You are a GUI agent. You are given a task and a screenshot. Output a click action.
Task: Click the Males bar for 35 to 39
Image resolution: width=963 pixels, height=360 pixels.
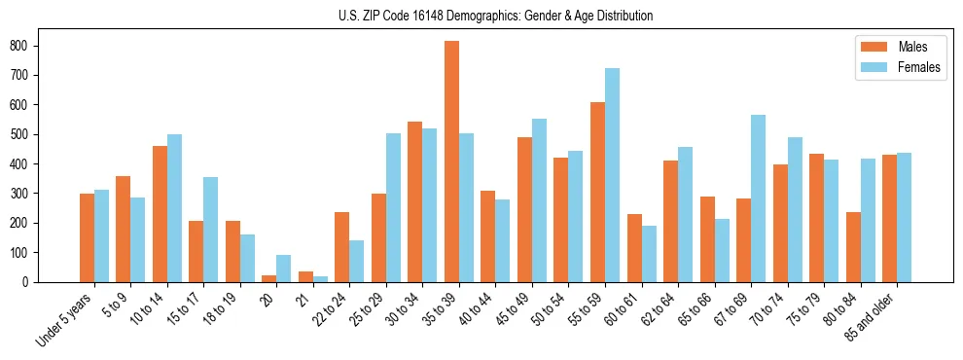[451, 162]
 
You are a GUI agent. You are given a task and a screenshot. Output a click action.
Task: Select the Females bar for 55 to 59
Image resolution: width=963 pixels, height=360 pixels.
[612, 175]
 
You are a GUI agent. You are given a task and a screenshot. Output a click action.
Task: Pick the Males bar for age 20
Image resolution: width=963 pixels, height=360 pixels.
[269, 278]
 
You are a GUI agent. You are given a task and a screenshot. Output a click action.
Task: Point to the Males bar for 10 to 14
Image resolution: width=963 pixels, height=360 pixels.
[160, 214]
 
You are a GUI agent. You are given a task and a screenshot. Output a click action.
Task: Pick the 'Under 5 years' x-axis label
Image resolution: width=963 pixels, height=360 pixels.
[65, 319]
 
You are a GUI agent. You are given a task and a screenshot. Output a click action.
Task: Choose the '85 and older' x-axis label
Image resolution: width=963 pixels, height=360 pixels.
[872, 316]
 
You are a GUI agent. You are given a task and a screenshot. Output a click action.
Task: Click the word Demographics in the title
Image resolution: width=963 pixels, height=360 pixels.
[477, 16]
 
